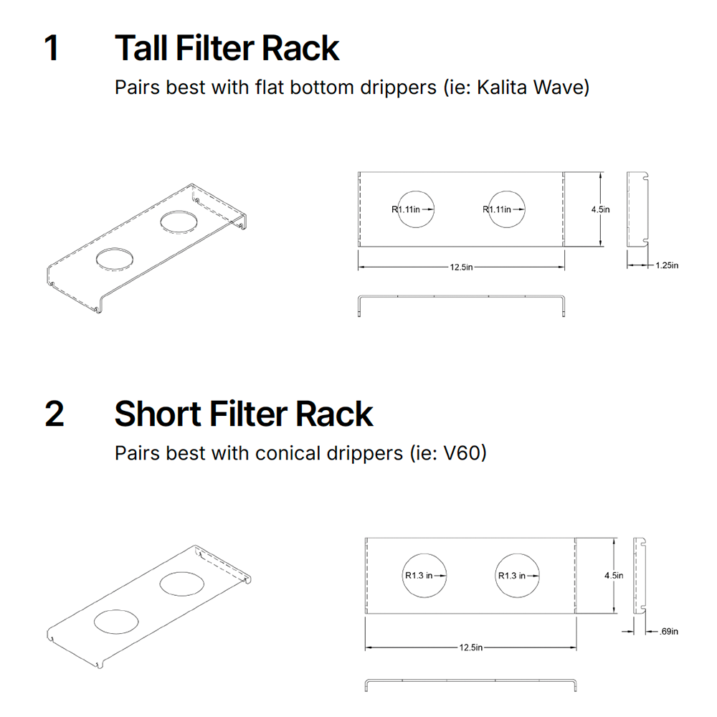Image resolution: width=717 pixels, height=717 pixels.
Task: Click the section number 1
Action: click(x=52, y=48)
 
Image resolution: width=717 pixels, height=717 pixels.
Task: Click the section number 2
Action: click(x=54, y=414)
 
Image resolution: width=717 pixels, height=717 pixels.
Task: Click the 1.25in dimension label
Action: click(x=666, y=265)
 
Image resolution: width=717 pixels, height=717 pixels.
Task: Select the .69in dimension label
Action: click(x=668, y=632)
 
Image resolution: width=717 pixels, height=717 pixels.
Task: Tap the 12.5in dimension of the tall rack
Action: click(x=461, y=267)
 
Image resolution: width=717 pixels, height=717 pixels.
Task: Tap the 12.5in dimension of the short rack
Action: click(x=470, y=647)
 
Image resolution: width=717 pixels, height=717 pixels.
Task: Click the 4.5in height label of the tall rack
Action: click(x=600, y=209)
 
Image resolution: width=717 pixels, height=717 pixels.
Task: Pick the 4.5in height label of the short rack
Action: click(x=613, y=575)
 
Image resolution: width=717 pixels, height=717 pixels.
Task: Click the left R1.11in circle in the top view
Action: click(x=416, y=209)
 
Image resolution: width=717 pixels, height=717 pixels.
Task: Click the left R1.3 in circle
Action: click(x=423, y=575)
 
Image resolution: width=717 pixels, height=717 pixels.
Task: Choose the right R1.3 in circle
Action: click(x=516, y=575)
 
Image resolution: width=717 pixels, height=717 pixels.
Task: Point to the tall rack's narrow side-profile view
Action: click(x=637, y=209)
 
